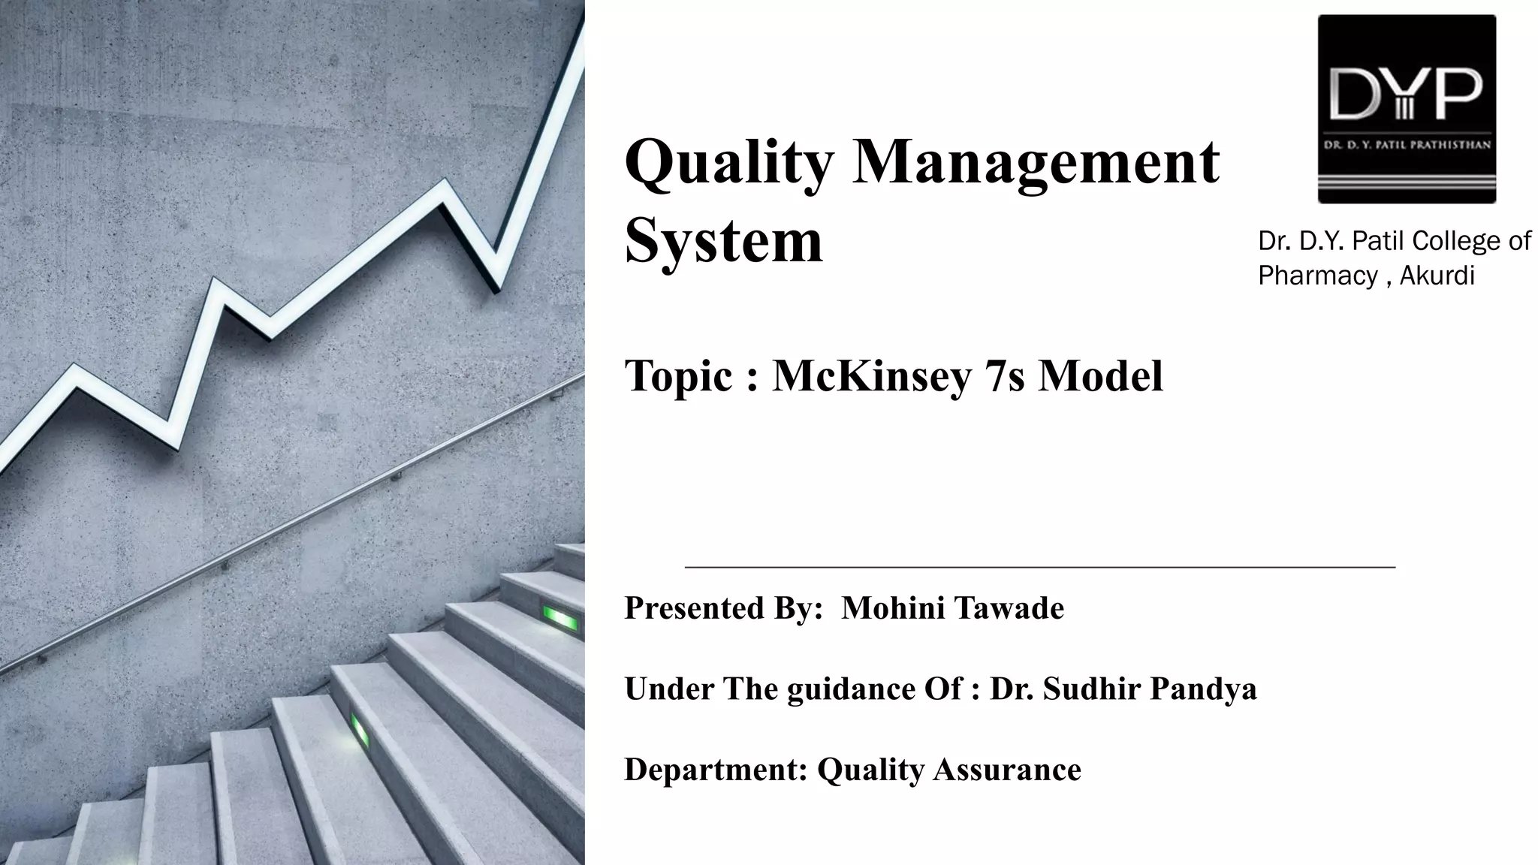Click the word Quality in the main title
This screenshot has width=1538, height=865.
[x=728, y=162]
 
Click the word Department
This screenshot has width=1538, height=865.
[x=716, y=770]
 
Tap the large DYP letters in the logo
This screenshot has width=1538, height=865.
[x=1407, y=94]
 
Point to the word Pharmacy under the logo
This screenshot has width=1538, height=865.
[x=1318, y=276]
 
